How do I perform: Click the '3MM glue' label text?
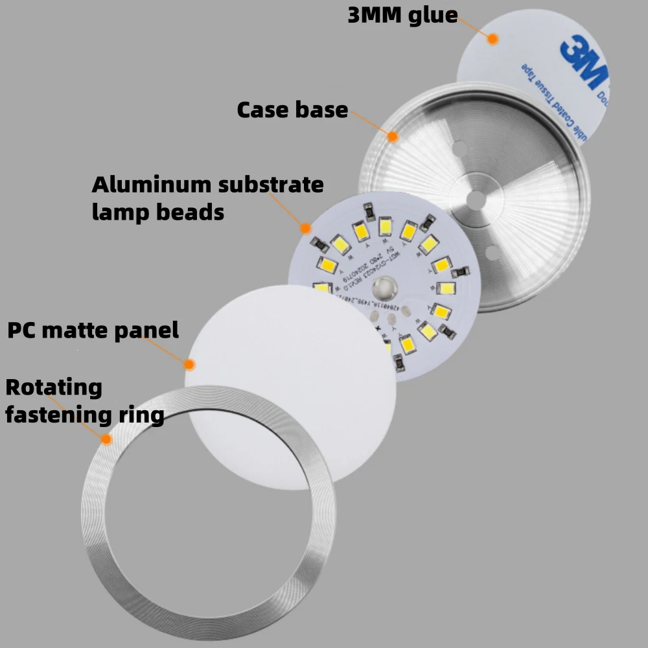402,16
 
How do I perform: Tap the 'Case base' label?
292,110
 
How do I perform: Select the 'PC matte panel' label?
93,330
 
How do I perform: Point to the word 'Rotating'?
54,388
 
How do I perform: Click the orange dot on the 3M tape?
492,39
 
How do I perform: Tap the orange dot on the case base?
392,136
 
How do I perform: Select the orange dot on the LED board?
305,228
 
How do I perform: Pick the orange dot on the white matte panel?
190,364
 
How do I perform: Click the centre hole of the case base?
476,200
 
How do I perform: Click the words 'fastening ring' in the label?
84,415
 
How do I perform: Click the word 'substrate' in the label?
271,185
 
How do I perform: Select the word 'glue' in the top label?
433,16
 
